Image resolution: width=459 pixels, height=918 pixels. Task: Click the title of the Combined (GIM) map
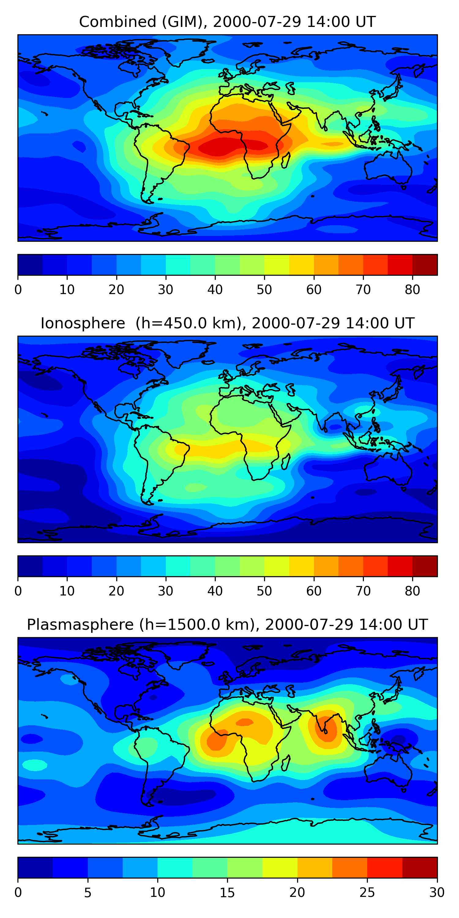coord(227,22)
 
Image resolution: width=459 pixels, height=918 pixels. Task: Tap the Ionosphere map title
coord(227,323)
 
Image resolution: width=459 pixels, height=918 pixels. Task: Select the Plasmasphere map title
coord(227,625)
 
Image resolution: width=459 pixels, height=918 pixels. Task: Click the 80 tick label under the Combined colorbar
coord(412,290)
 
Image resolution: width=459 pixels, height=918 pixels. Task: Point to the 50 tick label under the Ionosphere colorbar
coord(264,591)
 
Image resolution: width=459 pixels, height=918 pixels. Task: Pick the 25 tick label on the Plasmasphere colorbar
coord(367,893)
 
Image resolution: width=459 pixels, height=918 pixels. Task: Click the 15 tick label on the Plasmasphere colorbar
coord(227,893)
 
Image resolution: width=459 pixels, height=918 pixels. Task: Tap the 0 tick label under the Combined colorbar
coord(18,290)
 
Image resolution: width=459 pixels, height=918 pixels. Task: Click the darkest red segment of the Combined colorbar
coord(425,265)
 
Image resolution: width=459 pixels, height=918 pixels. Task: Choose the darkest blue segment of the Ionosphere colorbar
coord(30,566)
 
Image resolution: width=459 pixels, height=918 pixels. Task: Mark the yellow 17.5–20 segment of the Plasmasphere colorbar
coord(280,868)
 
